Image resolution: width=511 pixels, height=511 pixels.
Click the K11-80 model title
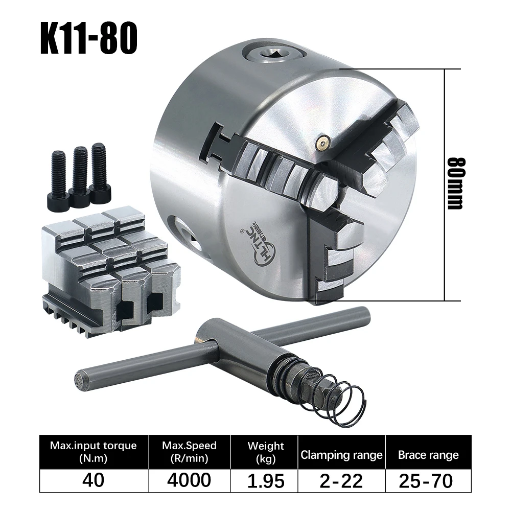[x=88, y=38]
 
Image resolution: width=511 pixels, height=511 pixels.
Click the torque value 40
[x=93, y=480]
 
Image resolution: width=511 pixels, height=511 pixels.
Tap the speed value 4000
[x=189, y=480]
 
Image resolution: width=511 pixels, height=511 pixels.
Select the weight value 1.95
[x=265, y=480]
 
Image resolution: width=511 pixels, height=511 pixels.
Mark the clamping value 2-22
[x=341, y=480]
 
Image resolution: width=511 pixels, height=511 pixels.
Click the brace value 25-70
[x=428, y=480]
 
